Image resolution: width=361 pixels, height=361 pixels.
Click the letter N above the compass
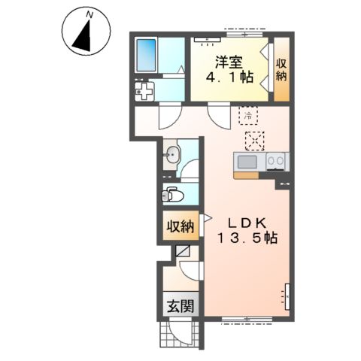coord(89,15)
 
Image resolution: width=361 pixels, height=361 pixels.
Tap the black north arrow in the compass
coord(83,38)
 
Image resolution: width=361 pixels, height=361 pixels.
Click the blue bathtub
coord(146,56)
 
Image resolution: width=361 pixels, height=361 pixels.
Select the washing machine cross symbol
coord(144,91)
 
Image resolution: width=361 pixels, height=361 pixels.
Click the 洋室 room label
coord(229,62)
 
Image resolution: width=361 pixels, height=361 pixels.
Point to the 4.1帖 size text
coord(229,77)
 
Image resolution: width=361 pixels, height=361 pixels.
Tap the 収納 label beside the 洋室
coord(281,70)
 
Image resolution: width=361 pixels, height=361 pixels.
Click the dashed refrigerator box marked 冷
coord(248,115)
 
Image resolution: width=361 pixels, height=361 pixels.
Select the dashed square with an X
coord(255,141)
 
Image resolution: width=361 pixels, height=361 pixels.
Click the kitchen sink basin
coord(247,162)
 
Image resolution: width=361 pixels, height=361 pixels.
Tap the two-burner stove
coord(275,162)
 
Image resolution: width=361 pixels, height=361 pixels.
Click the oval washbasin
coord(172,155)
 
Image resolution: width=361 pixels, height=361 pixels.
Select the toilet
coord(172,195)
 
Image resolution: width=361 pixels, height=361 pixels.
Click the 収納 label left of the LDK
coord(180,226)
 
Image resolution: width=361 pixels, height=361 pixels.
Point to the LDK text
coord(247,223)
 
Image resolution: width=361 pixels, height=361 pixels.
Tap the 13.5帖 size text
coord(247,238)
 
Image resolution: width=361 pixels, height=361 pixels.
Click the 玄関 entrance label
coord(180,306)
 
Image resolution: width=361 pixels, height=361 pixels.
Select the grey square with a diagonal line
coord(182,250)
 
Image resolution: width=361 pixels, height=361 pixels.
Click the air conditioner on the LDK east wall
coord(287,297)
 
